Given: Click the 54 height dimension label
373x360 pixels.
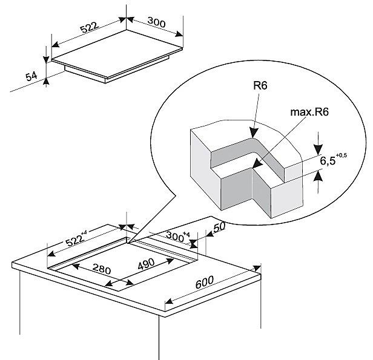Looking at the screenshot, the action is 31,76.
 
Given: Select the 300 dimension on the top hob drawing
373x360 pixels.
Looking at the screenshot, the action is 156,22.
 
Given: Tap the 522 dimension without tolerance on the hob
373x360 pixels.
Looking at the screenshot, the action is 89,28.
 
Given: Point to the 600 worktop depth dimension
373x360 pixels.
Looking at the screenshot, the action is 204,282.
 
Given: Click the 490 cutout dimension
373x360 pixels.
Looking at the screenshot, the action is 146,264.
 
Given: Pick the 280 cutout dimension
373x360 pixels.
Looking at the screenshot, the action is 102,269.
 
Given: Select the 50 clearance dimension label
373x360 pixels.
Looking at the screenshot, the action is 219,227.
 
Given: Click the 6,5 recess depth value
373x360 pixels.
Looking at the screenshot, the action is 328,161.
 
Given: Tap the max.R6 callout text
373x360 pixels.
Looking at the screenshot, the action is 309,112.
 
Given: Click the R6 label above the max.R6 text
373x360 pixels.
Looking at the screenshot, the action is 260,85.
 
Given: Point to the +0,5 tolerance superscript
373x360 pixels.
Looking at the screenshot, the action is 342,155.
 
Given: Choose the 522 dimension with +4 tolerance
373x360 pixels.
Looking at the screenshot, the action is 76,238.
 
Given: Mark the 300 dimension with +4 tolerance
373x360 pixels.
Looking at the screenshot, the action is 177,236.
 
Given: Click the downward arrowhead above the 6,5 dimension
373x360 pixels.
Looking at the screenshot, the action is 319,149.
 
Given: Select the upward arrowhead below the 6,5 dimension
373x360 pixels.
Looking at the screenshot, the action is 319,176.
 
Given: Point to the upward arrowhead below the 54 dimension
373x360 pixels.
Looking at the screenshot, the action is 47,81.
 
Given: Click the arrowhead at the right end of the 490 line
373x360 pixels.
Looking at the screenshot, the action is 170,261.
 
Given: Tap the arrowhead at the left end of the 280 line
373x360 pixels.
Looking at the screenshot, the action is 76,266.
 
